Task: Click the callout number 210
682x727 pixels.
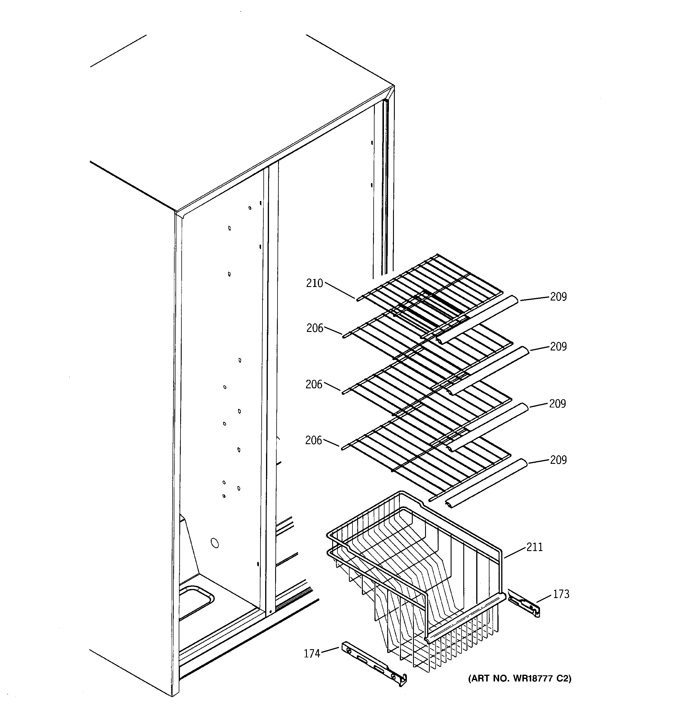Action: [315, 283]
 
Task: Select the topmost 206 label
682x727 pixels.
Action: [315, 328]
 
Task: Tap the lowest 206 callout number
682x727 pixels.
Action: [313, 440]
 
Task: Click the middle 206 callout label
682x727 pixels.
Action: [314, 384]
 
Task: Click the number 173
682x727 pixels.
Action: [561, 594]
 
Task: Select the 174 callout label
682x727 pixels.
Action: [312, 654]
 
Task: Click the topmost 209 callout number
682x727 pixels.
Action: [558, 297]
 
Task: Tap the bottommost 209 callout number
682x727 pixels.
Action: [558, 460]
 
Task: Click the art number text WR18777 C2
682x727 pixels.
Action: [520, 679]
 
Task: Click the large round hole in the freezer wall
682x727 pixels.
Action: [215, 543]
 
